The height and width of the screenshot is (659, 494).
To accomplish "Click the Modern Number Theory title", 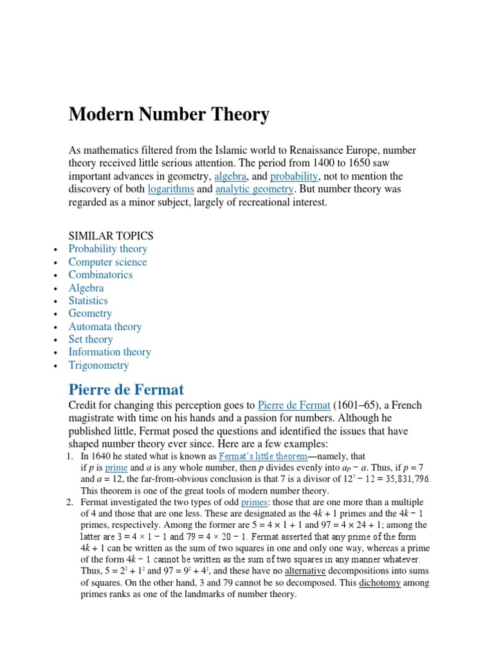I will coord(169,115).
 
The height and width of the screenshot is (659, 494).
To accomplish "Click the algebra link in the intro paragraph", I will coord(230,176).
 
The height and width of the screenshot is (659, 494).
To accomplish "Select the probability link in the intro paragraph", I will coord(294,176).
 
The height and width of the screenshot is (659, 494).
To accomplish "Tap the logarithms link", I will coord(170,189).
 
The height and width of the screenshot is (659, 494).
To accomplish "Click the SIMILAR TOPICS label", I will coord(111,236).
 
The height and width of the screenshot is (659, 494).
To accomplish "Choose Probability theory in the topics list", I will coord(108,249).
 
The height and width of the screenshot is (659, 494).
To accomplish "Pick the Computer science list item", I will coord(107,262).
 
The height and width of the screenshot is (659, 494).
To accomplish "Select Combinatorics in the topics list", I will coord(100,275).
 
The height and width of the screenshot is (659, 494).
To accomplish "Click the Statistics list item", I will coord(88,301).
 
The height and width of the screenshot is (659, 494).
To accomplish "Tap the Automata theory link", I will coord(105,326).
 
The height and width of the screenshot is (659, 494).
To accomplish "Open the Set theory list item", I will coord(91,339).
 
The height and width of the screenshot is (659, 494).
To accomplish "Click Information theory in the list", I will coord(109,352).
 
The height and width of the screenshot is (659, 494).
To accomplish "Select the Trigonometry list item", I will coord(98,365).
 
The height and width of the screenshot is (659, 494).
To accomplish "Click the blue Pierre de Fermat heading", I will coord(126,389).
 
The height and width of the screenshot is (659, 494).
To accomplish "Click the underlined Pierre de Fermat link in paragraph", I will coord(294,405).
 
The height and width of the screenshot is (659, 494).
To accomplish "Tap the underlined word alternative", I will coord(305,571).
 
